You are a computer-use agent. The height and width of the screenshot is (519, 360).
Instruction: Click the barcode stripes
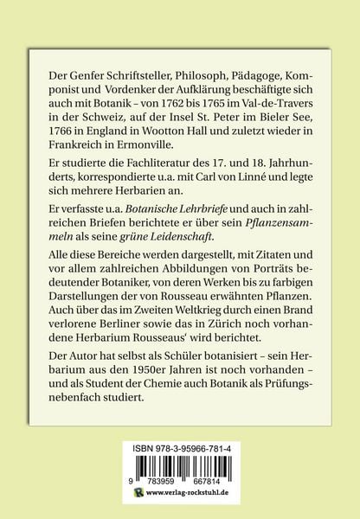click(180, 471)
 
